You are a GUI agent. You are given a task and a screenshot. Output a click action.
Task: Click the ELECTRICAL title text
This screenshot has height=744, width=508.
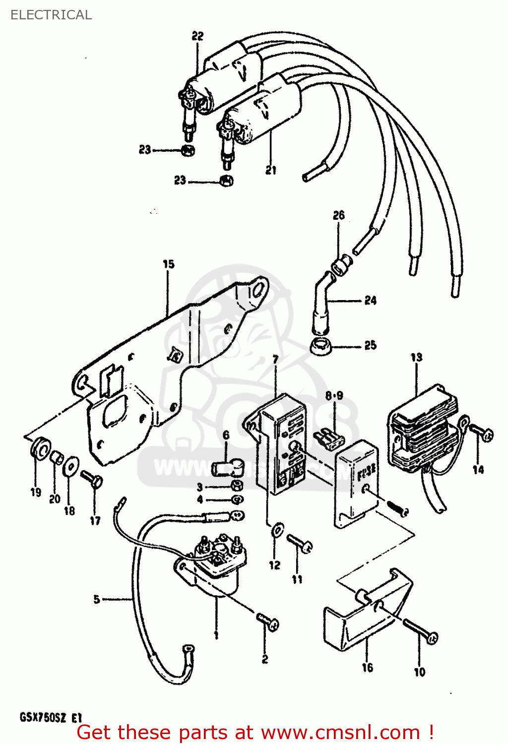pyautogui.click(x=51, y=15)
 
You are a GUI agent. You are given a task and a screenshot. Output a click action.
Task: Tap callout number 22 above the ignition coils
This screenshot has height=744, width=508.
pyautogui.click(x=197, y=36)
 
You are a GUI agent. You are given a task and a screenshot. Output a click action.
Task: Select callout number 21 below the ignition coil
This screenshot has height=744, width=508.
pyautogui.click(x=270, y=170)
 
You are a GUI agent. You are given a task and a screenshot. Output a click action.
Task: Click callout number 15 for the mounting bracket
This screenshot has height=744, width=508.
pyautogui.click(x=169, y=264)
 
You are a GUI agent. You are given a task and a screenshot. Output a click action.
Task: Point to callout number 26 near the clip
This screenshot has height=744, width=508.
pyautogui.click(x=339, y=215)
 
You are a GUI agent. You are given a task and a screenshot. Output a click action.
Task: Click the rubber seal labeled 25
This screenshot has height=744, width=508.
pyautogui.click(x=321, y=346)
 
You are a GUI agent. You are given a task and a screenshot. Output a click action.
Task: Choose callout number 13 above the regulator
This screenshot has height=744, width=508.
pyautogui.click(x=416, y=357)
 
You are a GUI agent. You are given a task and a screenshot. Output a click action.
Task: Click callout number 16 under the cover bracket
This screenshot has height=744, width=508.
pyautogui.click(x=367, y=668)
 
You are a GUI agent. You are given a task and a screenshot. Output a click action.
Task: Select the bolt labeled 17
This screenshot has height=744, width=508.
pyautogui.click(x=91, y=479)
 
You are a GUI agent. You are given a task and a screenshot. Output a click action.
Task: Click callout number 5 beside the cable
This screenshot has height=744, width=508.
pyautogui.click(x=97, y=599)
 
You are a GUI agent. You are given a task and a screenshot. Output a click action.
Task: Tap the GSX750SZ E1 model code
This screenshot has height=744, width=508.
pyautogui.click(x=50, y=718)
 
